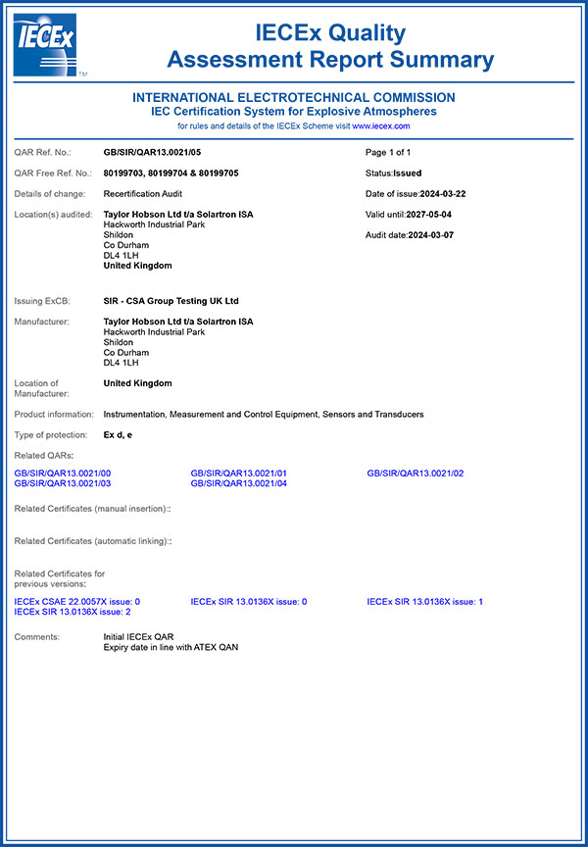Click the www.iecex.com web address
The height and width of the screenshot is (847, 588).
pos(380,125)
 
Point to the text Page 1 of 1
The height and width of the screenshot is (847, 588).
pos(387,153)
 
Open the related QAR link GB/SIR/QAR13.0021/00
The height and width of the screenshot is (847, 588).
pos(63,473)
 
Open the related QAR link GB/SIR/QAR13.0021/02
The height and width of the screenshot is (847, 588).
pos(416,473)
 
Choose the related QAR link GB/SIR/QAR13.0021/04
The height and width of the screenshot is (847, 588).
pos(239,483)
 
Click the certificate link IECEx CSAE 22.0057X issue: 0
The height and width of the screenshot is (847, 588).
pos(77,601)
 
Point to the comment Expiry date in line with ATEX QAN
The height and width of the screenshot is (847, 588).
pos(171,647)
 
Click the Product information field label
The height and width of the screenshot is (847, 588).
pos(55,415)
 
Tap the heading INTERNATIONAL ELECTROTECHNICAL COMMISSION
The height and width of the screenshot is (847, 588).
pos(293,97)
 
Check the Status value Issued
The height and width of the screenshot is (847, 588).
pos(407,173)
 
